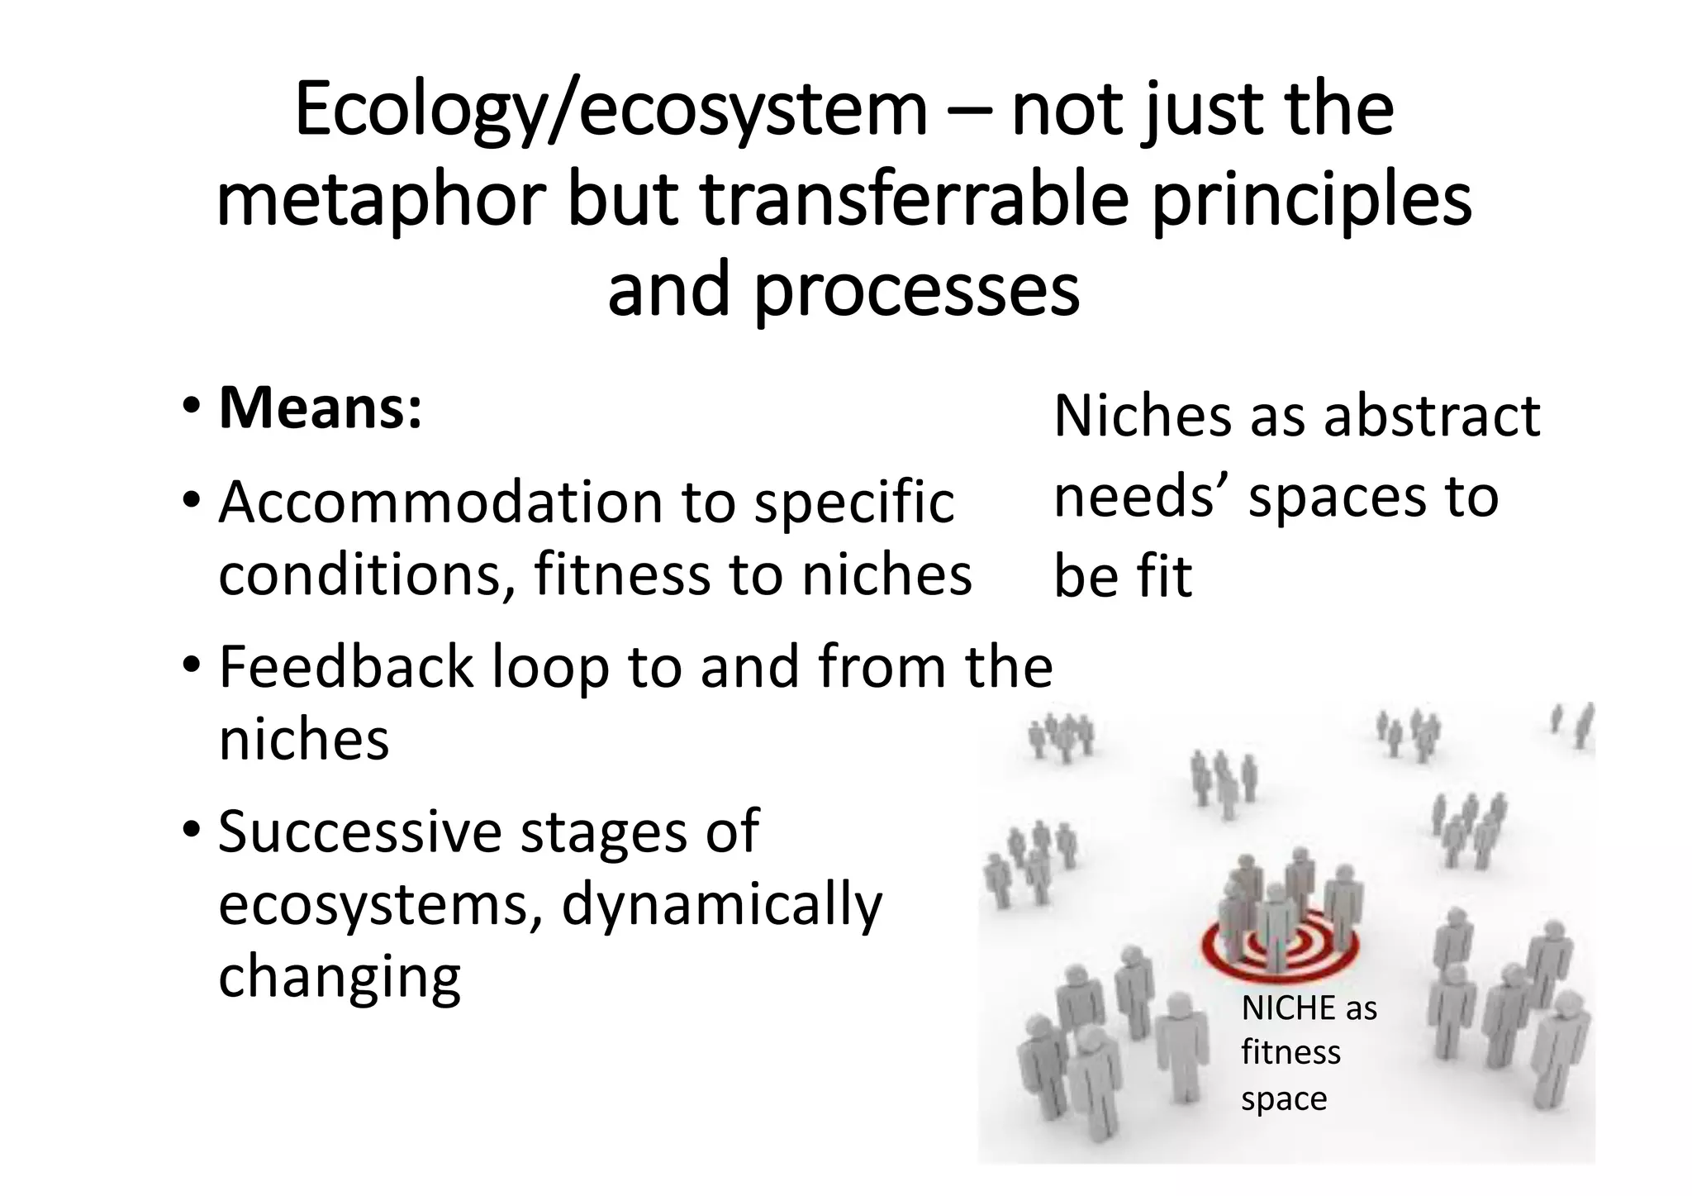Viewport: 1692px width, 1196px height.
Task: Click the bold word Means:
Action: (x=320, y=408)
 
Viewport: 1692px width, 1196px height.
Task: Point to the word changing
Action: (x=339, y=977)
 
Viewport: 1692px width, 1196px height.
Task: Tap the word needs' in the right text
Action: (x=1143, y=497)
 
